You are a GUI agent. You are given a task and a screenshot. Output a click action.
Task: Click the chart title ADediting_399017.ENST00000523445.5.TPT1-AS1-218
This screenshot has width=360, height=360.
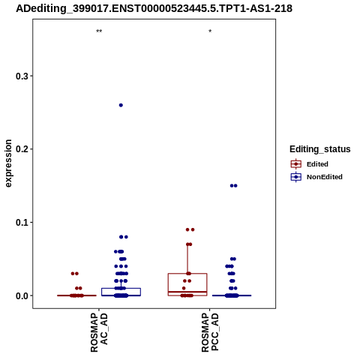(154, 8)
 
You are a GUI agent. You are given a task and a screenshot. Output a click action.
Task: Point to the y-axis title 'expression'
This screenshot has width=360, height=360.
(8, 163)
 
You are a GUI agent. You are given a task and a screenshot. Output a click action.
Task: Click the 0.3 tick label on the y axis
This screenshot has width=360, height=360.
(22, 76)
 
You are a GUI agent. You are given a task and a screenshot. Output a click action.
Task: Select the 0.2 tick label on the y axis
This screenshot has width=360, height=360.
(22, 149)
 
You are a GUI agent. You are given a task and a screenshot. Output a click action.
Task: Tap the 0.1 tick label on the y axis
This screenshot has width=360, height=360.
(22, 222)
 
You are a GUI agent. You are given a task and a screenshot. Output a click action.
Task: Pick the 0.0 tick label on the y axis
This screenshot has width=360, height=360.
(22, 295)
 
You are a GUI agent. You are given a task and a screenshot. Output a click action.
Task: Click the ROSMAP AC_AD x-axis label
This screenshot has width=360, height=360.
(99, 332)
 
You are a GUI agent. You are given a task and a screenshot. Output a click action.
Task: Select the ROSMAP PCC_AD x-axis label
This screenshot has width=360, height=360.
(210, 332)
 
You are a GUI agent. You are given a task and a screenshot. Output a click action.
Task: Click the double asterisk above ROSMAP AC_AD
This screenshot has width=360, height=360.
(99, 31)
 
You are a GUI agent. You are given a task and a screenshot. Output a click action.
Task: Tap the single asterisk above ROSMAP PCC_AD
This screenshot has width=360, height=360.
(210, 31)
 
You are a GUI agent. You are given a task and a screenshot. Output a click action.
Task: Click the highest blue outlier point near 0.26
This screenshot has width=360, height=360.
(121, 105)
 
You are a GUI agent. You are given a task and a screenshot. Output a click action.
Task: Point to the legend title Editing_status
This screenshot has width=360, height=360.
(320, 149)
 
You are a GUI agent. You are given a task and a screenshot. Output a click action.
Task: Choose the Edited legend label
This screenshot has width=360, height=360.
(317, 164)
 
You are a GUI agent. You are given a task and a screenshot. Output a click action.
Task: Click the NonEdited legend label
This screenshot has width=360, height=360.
(325, 177)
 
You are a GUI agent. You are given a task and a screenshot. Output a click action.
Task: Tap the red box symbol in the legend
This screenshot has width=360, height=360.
(296, 164)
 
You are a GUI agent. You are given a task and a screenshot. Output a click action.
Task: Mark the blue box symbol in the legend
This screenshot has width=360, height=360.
(296, 177)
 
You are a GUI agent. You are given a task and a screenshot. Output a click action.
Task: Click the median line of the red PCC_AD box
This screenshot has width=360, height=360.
(187, 292)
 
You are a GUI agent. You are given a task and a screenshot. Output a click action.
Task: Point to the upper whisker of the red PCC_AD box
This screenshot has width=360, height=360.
(187, 259)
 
